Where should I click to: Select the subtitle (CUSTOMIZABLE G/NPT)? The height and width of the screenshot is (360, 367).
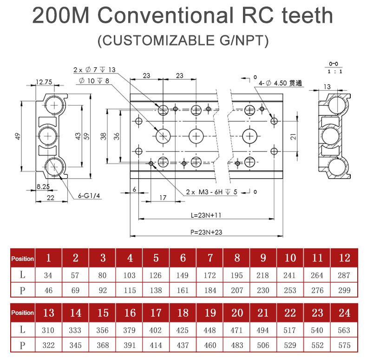coord(183,41)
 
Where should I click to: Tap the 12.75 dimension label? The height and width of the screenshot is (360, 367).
coord(44,82)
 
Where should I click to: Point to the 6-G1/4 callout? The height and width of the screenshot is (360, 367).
coord(90,196)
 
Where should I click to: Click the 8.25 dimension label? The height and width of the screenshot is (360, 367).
coord(44,187)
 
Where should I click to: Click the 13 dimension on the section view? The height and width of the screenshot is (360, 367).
coord(327,86)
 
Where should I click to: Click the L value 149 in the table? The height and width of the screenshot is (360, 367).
coord(183,275)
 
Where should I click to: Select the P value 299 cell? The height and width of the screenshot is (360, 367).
coord(344,290)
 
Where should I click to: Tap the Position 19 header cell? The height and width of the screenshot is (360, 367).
coord(210,313)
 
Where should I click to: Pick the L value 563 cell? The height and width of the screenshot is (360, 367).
coord(344,330)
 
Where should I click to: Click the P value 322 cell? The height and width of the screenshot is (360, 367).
coord(48,346)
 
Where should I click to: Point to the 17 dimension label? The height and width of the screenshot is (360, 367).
coord(163,197)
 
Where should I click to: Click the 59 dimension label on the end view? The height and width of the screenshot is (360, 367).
coord(85,136)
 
